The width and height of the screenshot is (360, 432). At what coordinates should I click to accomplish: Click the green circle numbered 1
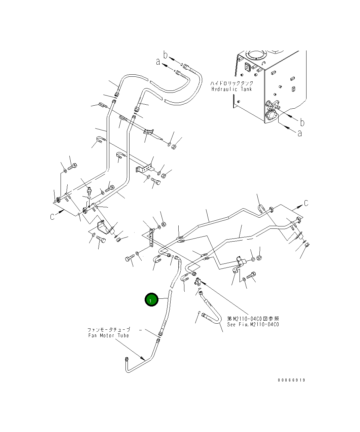pos(151,299)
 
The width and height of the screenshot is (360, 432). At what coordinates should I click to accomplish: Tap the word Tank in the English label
pos(246,89)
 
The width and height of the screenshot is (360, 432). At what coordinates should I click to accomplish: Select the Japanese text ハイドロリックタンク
pos(232,83)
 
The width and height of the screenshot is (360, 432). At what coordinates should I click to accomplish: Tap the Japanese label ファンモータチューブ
pos(109,330)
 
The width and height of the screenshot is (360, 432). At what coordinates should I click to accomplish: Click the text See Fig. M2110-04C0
pos(253,325)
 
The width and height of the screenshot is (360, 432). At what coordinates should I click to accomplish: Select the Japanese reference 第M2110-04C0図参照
pos(253,319)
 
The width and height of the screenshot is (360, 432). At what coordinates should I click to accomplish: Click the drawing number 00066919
pos(291,380)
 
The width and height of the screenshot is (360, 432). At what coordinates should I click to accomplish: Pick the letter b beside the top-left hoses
pos(166,54)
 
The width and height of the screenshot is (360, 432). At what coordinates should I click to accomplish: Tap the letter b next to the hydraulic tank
pos(302,122)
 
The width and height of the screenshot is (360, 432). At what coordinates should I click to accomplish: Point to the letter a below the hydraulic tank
pos(299,133)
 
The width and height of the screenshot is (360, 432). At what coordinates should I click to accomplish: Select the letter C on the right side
pos(306,203)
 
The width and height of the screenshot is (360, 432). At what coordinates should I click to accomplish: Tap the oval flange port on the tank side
pos(271,115)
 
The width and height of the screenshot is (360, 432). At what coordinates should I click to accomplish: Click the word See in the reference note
pos(232,325)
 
